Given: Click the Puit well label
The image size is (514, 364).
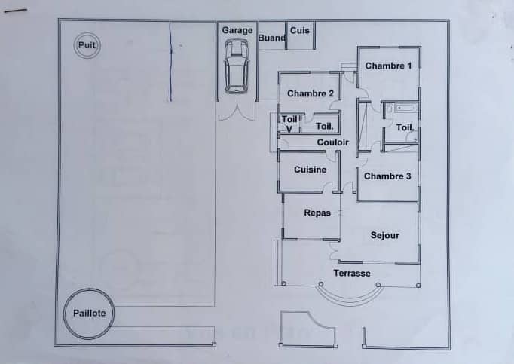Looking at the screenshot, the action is point(87,45).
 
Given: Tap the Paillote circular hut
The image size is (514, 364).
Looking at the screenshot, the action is point(89,314).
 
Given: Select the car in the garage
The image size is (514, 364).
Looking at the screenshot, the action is point(236,66).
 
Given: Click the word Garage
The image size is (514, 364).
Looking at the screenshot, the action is point(237,30).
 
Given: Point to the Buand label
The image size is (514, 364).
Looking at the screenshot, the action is point(272,38).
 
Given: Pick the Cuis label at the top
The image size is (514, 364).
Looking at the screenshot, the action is point(300,30).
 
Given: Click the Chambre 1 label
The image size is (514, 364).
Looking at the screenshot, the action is point(388,66).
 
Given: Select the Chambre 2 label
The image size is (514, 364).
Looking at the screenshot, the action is point(311,93).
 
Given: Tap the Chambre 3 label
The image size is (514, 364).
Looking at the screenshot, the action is point(387,176).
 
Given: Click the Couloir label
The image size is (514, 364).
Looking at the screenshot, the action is point(332,142).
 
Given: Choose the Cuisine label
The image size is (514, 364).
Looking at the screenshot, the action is point(310,170).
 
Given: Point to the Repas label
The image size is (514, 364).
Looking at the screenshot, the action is point(317,213).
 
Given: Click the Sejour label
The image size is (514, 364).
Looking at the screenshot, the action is point(385,235).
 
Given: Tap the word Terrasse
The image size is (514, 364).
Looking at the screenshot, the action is point(352,273).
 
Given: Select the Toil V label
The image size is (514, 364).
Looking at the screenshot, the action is point(289,124).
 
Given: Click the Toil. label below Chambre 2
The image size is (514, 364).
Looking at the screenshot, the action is point(325,127).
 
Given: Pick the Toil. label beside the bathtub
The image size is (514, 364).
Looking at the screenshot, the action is point(405,127).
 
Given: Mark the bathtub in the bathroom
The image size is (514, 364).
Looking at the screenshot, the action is point(406,108).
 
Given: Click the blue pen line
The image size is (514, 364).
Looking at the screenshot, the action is point(170,62).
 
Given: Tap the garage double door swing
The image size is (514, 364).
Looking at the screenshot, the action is point(237,112).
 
